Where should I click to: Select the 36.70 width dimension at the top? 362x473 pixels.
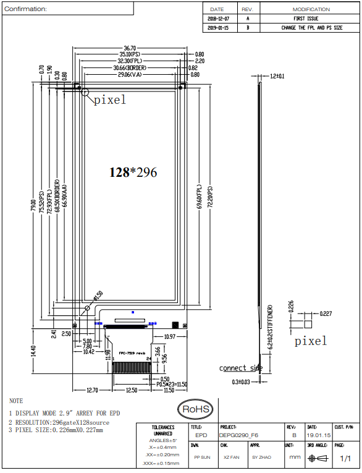coord(130,48)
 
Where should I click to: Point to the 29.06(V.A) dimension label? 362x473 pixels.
coord(130,75)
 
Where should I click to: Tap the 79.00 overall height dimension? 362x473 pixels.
coord(35,203)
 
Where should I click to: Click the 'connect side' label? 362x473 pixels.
coord(241,368)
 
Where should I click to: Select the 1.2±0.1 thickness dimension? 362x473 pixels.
coord(277,76)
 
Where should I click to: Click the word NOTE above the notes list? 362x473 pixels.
coord(16,401)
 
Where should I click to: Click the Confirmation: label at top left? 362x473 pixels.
coord(25,9)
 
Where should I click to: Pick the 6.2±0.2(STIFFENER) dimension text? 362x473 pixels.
coord(270,327)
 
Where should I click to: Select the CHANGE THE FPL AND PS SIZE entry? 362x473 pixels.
coord(311,28)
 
